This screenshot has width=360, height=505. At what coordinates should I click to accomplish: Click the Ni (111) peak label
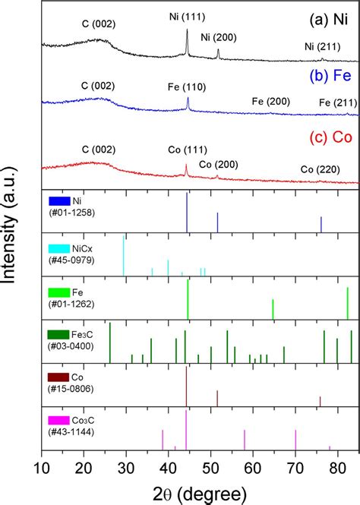point(185,16)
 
